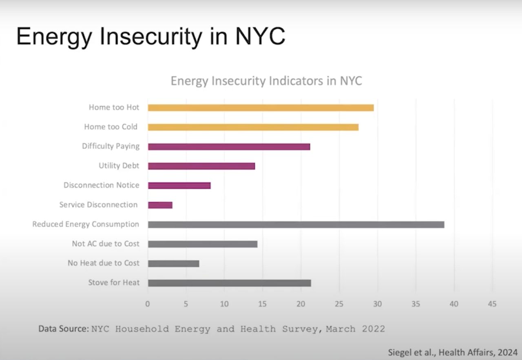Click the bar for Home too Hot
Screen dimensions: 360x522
261,108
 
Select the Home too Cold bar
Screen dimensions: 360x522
253,127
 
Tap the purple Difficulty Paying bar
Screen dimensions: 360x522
229,147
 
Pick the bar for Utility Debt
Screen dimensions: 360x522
201,166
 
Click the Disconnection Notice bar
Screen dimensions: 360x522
179,185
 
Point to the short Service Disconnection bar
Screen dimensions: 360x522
160,205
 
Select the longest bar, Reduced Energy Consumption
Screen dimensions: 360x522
296,224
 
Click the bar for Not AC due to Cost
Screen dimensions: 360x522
202,244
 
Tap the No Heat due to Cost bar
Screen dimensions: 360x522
173,263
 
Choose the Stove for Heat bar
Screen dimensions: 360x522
229,283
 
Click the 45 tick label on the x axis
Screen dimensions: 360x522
492,304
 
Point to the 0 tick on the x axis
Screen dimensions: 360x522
148,304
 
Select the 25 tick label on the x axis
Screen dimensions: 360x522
339,304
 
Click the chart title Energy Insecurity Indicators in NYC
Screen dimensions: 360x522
266,81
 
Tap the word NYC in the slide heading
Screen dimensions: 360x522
259,37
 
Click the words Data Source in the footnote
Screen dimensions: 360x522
63,329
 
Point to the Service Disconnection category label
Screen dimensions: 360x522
98,205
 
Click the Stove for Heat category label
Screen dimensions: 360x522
114,282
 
